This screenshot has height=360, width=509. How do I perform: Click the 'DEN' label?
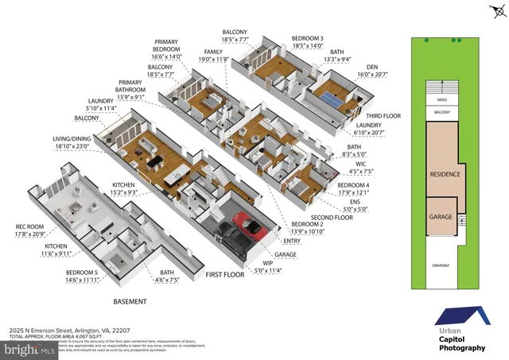coord(371,68)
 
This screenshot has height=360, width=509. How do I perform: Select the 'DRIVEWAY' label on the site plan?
coord(441,265)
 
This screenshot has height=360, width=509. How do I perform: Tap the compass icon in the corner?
coord(488,10)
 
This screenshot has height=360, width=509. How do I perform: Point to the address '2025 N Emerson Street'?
coord(43,330)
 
